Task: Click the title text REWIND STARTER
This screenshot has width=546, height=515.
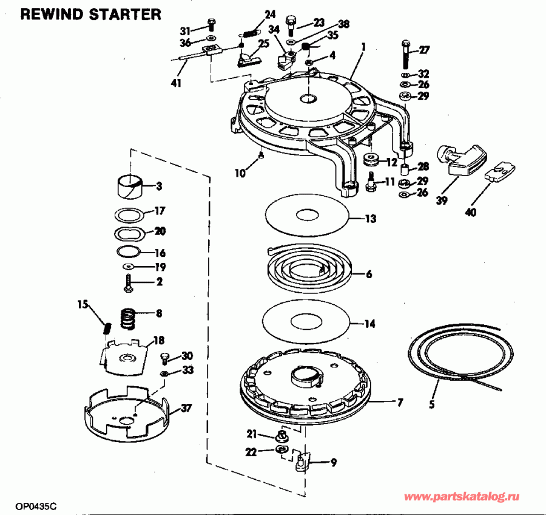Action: [91, 14]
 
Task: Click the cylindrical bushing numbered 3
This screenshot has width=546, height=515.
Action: [129, 185]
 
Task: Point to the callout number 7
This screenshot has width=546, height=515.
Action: [400, 402]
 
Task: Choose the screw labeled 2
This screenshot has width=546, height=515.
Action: [129, 282]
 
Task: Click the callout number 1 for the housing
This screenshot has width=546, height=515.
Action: [363, 46]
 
